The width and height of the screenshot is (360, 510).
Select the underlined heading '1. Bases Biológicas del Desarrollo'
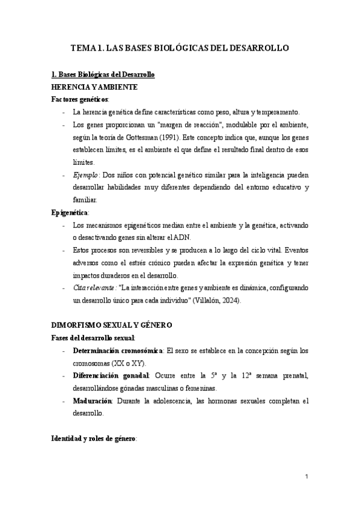103,75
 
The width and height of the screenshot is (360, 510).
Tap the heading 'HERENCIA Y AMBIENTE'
94,87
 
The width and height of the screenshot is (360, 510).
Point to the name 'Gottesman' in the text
129,137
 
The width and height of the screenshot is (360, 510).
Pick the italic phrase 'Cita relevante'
94,287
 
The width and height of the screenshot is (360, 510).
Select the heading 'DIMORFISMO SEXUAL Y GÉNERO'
112,325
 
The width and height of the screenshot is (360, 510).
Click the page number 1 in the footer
306,476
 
